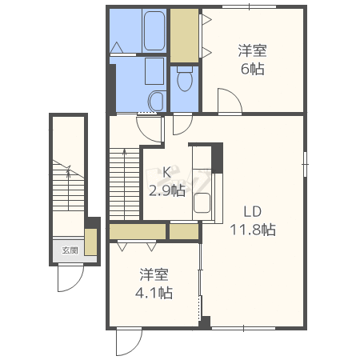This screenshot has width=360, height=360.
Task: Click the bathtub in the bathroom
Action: click(x=154, y=30)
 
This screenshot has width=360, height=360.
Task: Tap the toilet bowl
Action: click(x=185, y=79)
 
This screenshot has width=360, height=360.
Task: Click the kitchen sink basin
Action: click(x=202, y=203)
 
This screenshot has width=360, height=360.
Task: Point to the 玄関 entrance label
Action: click(x=70, y=250)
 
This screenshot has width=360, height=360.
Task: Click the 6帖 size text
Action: click(x=252, y=69)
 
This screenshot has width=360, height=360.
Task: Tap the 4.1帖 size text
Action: click(x=154, y=293)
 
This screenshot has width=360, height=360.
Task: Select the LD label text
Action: click(x=252, y=212)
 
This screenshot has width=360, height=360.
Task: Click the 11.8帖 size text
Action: click(x=253, y=230)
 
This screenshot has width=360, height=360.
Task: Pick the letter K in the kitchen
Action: click(x=166, y=173)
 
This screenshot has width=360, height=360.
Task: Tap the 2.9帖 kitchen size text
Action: click(x=166, y=190)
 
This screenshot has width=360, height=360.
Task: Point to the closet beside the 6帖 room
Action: click(x=184, y=35)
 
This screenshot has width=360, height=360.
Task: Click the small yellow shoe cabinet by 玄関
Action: click(x=90, y=242)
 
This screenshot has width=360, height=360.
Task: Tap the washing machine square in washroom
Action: click(x=154, y=71)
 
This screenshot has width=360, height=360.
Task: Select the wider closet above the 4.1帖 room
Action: click(x=138, y=231)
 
